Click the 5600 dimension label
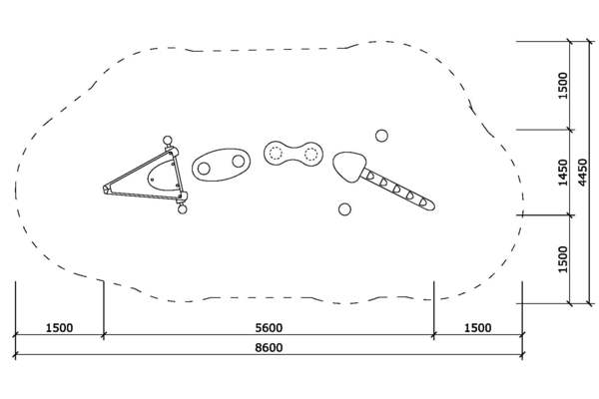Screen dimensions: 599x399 269,328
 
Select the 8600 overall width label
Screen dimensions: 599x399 269,348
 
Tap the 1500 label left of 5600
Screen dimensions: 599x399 59,328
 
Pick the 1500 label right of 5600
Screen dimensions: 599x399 477,328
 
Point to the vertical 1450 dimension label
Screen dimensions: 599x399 563,173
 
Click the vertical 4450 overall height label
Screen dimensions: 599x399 582,173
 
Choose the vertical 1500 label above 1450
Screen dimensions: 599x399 563,86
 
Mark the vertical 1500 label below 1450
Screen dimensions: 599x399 563,259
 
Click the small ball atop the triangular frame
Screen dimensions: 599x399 168,140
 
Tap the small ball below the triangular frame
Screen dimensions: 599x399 183,209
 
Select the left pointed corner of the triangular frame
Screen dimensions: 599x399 104,189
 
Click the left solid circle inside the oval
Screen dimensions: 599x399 204,168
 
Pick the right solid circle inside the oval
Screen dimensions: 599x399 238,162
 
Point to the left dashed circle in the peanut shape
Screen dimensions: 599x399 276,153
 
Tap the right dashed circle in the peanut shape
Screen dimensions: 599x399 310,154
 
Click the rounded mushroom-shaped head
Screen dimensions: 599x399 348,167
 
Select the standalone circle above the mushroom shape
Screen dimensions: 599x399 381,136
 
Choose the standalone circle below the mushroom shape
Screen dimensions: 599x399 344,209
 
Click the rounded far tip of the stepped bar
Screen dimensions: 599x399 432,206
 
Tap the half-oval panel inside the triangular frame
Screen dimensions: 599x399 163,176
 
